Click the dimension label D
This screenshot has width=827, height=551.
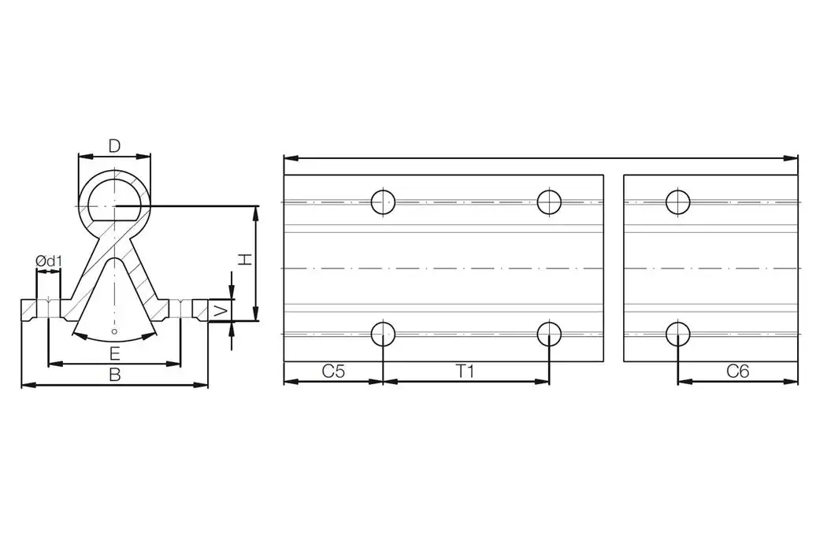tap(114, 146)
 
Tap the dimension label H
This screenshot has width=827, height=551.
tap(246, 259)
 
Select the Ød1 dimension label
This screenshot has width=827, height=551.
tap(48, 261)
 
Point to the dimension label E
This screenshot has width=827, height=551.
tap(115, 352)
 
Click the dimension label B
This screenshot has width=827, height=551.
tap(115, 375)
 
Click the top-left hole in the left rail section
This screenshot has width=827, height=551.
tap(384, 202)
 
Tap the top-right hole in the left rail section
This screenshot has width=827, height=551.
tap(549, 202)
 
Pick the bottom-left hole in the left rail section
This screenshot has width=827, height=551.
tap(384, 334)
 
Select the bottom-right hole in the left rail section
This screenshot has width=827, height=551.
tap(549, 334)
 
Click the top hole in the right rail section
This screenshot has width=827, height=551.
tap(677, 202)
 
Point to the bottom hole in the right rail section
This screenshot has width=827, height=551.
tap(677, 334)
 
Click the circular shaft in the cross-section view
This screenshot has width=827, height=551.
tap(115, 197)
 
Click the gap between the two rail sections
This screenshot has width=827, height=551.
tap(614, 268)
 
